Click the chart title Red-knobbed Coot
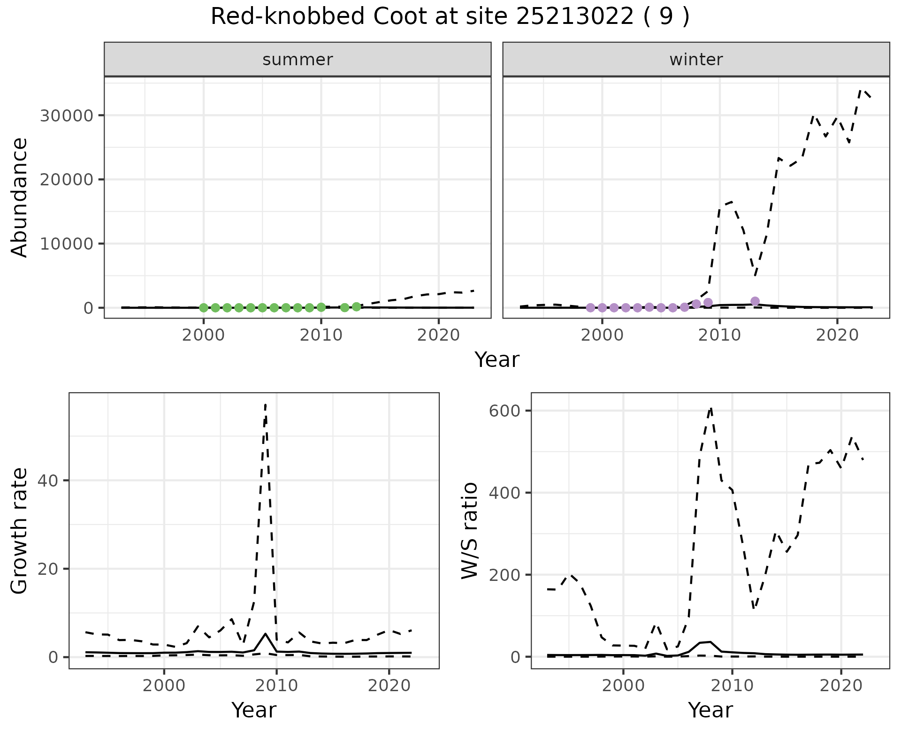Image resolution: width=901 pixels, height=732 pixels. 450,17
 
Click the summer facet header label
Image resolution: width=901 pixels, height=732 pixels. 298,60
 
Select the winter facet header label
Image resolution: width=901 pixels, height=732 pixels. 696,60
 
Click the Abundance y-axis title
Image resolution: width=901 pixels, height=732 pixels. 20,197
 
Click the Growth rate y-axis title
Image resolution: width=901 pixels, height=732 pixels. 20,531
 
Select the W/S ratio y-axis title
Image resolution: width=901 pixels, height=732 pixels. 470,531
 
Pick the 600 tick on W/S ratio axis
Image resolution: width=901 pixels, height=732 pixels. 506,411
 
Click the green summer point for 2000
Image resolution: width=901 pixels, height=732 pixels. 204,308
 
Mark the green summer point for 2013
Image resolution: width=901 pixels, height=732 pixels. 356,307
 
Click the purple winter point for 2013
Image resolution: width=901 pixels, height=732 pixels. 755,301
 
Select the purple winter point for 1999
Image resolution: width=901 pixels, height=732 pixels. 590,308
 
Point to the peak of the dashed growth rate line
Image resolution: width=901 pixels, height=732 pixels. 266,404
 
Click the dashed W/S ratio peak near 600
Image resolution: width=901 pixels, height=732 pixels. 711,408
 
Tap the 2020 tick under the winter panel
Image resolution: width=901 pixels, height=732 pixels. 837,335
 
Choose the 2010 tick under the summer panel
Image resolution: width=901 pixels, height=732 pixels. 321,335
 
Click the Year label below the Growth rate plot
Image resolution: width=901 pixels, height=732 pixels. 254,710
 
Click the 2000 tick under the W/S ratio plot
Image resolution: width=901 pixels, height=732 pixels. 623,685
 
